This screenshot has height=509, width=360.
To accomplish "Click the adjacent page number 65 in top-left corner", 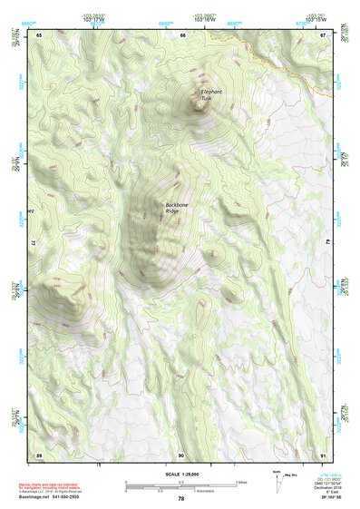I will point(39,34).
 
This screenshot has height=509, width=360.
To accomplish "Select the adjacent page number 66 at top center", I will point(182,34).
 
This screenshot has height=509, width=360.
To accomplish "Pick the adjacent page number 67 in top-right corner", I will point(324,34).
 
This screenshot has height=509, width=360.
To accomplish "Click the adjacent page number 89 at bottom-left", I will point(39,454).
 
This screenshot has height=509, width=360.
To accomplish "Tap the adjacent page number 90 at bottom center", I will point(181,454).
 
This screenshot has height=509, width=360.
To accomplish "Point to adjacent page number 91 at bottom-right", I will point(324,454).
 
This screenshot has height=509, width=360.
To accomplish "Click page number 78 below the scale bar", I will point(180,499).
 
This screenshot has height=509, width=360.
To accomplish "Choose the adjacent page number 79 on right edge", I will point(328,244).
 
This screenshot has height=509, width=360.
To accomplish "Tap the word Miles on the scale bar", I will point(241,481).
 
